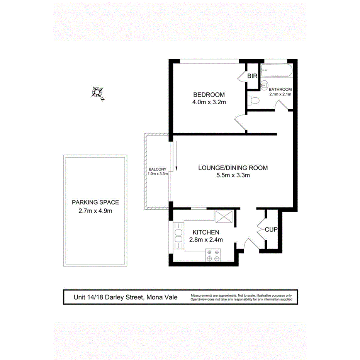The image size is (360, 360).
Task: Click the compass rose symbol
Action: tap(97, 92)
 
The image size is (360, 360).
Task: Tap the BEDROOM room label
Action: tap(209, 95)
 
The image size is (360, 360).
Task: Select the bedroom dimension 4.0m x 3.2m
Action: tap(209, 103)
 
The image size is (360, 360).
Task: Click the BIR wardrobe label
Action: tap(252, 76)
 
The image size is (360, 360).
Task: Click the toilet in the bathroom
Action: tap(254, 101)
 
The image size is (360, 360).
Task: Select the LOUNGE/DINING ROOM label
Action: tap(233, 168)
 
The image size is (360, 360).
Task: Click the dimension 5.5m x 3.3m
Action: tap(233, 176)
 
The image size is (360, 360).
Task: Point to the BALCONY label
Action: tap(158, 169)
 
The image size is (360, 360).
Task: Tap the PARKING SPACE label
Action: tap(95, 202)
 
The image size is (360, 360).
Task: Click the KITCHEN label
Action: tap(206, 233)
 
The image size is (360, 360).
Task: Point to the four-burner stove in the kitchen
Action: tap(214, 255)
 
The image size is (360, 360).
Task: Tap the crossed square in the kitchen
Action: tap(223, 217)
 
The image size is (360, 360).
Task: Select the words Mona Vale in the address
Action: tap(161, 297)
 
